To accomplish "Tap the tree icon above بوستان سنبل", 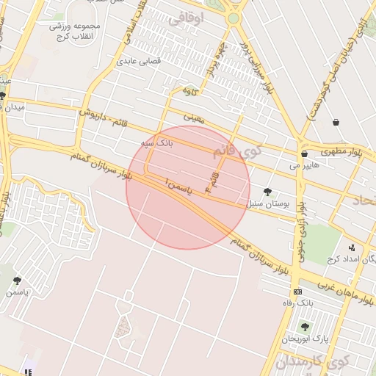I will pyautogui.click(x=267, y=192).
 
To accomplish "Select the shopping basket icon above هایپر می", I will pyautogui.click(x=304, y=154).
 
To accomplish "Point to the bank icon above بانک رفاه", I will pyautogui.click(x=297, y=292).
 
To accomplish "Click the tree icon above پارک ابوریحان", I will pyautogui.click(x=305, y=327).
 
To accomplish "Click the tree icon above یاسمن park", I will pyautogui.click(x=17, y=281).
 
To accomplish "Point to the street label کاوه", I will pyautogui.click(x=190, y=92).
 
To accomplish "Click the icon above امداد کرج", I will pyautogui.click(x=352, y=247).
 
